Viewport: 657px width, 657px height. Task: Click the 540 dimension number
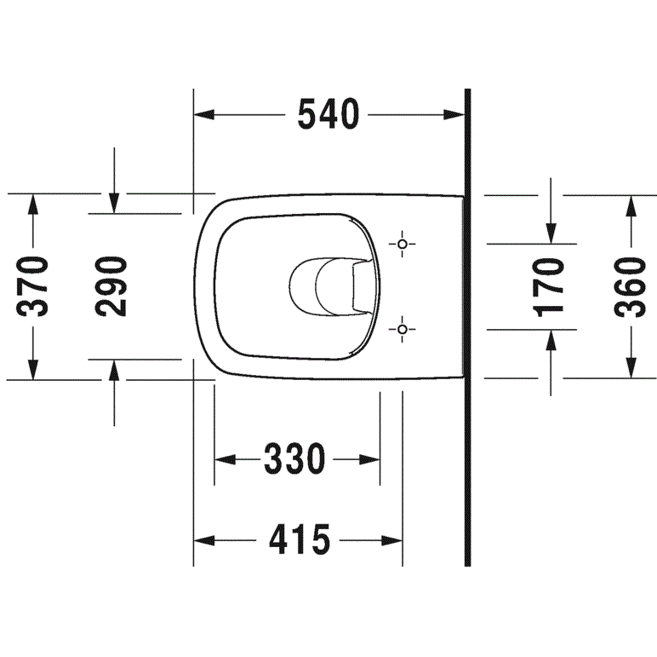pos(328,114)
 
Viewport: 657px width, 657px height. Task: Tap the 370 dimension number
pos(32,286)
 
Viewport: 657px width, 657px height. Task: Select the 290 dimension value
pos(111,286)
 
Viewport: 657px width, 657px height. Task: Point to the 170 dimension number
pos(548,287)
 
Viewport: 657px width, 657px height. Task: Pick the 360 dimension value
pos(630,287)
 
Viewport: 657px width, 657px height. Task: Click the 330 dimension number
pos(294,459)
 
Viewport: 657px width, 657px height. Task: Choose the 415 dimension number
pos(300,540)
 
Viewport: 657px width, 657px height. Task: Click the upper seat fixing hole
pos(403,244)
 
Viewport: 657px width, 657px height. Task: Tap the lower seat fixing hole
pos(403,329)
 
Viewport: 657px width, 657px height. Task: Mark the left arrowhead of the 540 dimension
pos(204,114)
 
